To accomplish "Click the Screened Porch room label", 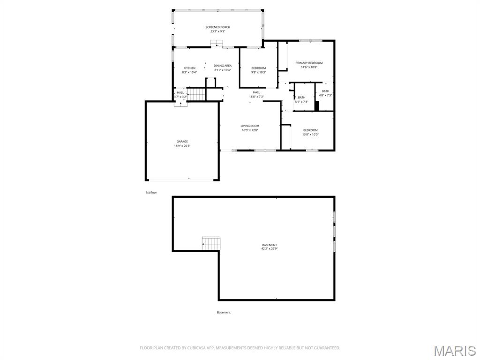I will point(218,27).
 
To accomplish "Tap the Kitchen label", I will point(189,68).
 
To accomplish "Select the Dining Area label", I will point(223,66).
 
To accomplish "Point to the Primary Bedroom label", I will point(309,63).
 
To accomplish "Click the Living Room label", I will point(250,126).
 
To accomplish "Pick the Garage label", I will point(182,142).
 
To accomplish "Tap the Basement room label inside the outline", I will point(270,245).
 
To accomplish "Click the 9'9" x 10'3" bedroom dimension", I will point(258,72).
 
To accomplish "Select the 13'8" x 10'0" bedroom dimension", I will point(310,135).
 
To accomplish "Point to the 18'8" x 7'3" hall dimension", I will point(256,97).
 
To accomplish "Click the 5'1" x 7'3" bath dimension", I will point(301,102).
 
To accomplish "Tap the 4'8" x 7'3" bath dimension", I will point(325,95).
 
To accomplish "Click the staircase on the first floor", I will point(197,94).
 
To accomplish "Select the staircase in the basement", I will point(211,243).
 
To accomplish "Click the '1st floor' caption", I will point(151,192).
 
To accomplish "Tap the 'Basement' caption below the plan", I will point(224,312).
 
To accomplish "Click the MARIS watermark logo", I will point(454,351).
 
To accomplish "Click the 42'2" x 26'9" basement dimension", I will point(270,249).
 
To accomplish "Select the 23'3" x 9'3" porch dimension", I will point(218,31).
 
